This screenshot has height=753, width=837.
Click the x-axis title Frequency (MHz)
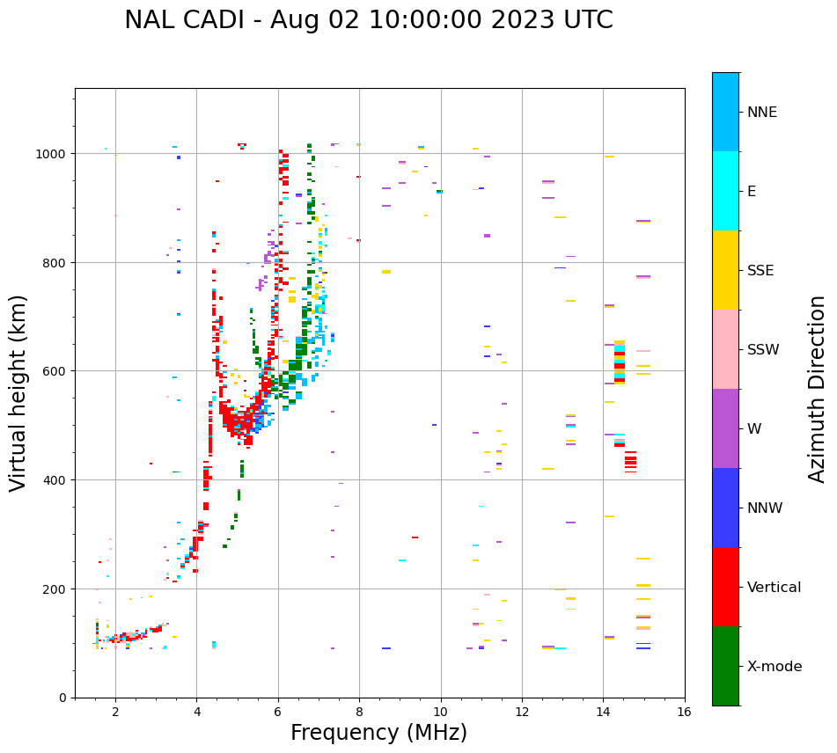coord(378,733)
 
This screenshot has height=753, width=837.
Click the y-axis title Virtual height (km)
coord(19,392)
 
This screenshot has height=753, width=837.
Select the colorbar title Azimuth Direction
coord(818,389)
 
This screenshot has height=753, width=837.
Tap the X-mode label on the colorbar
coord(775,667)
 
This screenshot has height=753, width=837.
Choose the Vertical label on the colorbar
coord(775,588)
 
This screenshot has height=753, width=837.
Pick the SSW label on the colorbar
coord(763,350)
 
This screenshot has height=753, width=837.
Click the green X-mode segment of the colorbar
coord(725,666)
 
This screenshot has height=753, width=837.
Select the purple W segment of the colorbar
coord(725,428)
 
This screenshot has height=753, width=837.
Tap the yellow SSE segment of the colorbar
coord(725,270)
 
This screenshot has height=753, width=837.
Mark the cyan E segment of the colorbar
coord(725,191)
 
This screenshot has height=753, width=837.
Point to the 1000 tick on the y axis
coord(52,154)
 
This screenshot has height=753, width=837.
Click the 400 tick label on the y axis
coord(55,480)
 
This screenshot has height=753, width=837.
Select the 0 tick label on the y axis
coord(63,698)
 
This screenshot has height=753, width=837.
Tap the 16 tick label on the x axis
coord(684,713)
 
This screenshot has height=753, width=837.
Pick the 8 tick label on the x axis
coord(359,713)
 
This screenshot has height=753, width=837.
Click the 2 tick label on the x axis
coord(115,713)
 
